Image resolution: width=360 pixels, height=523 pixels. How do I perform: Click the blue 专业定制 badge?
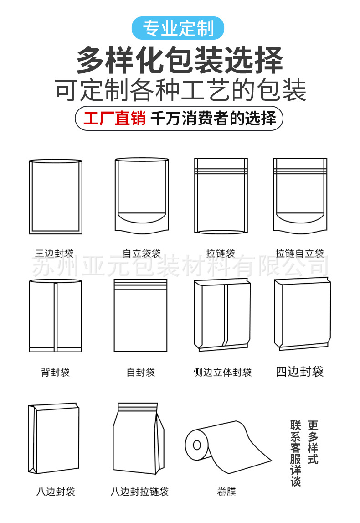tap(178, 28)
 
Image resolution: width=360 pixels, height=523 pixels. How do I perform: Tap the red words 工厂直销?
tap(114, 118)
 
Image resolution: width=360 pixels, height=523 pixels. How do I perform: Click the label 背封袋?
tap(55, 373)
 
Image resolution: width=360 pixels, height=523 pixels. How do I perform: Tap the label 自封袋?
tap(141, 373)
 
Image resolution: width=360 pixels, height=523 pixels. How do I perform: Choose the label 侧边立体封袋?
tap(222, 373)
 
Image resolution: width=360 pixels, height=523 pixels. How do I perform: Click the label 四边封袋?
tap(299, 372)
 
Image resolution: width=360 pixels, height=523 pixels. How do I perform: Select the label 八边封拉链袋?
tap(140, 492)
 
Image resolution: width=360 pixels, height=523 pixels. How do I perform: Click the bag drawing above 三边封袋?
tap(55, 196)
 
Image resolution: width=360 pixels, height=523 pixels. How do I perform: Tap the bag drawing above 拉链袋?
tap(221, 196)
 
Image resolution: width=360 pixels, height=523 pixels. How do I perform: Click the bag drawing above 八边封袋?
tap(53, 439)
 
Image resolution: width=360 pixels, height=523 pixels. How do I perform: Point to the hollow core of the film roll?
tap(197, 445)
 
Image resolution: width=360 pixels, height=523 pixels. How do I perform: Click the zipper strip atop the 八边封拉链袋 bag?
tap(138, 406)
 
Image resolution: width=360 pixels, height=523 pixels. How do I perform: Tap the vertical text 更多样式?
tap(313, 442)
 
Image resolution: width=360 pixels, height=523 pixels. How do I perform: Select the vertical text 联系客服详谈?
tap(296, 453)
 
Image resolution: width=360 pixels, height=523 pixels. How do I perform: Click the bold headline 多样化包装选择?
tap(180, 61)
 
